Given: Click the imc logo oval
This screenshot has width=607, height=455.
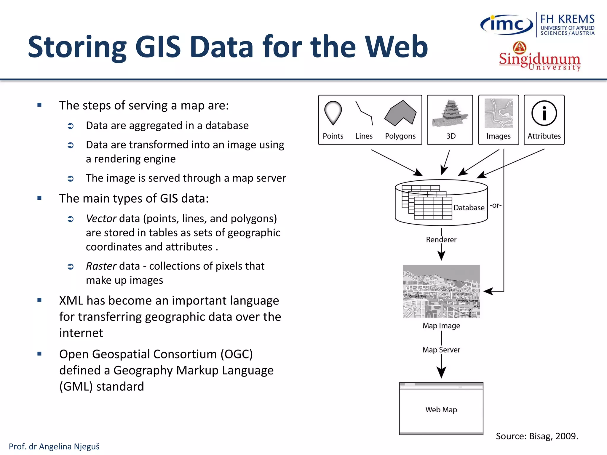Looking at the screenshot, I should pos(507,24).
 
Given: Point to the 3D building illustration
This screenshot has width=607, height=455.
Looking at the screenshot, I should pos(450,114).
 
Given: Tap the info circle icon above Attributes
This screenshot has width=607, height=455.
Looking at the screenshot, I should pos(544,113).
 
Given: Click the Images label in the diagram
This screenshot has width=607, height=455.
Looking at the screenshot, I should pos(499,136).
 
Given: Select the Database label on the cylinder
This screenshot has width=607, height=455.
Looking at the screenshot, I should pos(469,208).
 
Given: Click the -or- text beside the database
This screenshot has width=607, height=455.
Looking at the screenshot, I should pos(496,205).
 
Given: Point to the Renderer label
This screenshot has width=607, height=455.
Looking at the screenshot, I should pos(441,240).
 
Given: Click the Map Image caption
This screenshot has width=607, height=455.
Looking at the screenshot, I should pos(441,326).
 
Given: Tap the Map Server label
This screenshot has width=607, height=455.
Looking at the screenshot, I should pos(441,350).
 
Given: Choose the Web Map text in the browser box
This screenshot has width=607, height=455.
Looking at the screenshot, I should pos(441,410).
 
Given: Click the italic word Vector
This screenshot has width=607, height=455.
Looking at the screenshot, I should pos(101,219).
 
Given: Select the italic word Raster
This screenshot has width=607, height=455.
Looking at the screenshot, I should pos(101,266).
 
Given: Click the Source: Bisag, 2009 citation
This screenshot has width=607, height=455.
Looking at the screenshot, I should pos(537,436).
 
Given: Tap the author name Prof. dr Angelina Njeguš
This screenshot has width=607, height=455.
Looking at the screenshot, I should pos(54,446).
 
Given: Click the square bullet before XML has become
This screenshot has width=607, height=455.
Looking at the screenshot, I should pos(39,300).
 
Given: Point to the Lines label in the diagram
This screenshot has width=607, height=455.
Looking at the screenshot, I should pos(364,136).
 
